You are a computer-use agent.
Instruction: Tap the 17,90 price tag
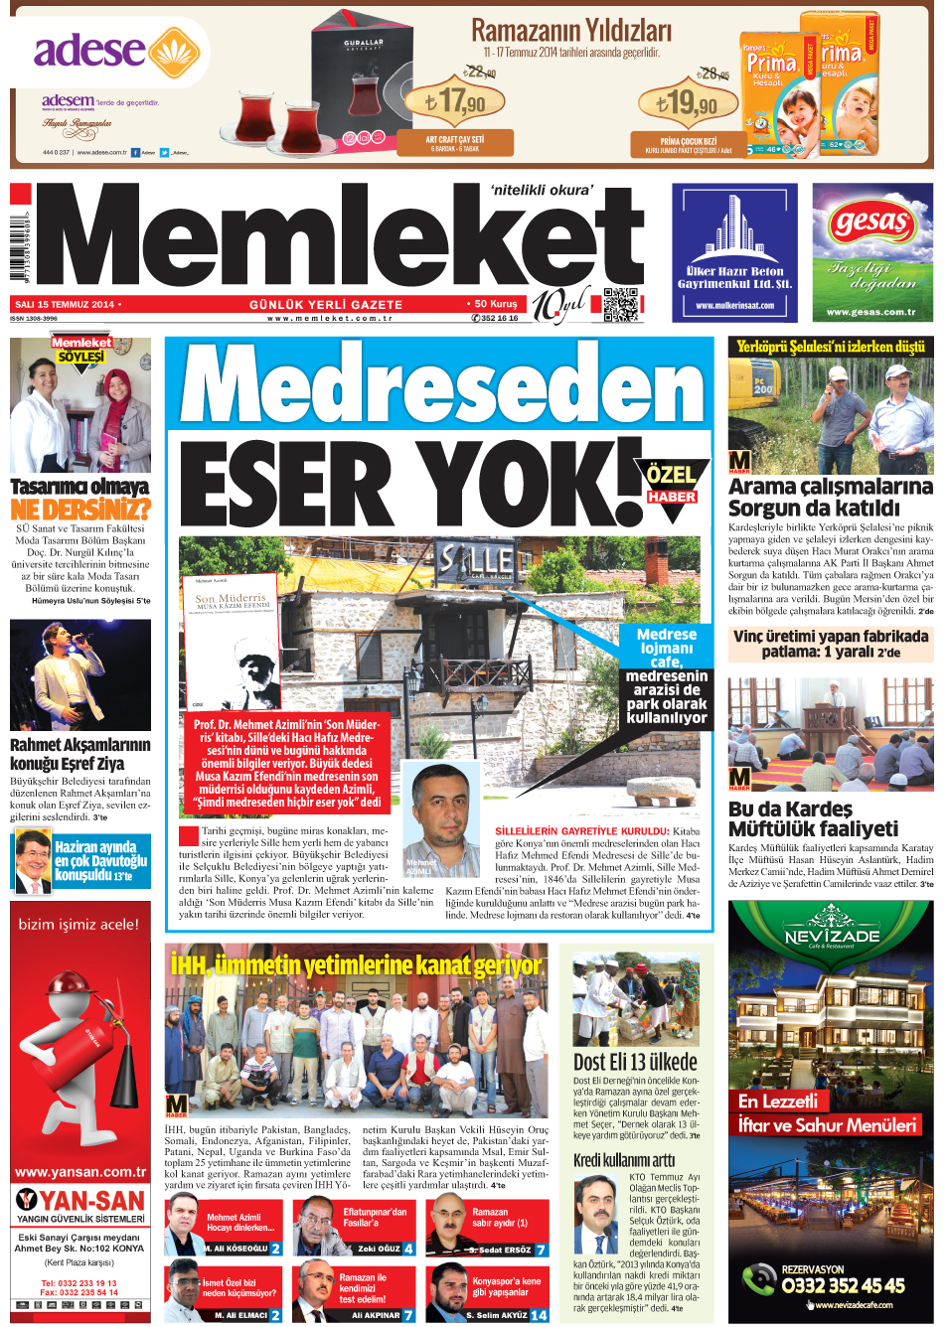[x=455, y=102]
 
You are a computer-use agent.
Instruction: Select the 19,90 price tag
[x=687, y=102]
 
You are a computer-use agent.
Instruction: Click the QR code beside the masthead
[x=621, y=305]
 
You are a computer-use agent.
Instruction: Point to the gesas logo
[x=871, y=223]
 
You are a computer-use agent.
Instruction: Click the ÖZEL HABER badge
[x=673, y=485]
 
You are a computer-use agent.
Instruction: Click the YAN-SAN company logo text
[x=80, y=1200]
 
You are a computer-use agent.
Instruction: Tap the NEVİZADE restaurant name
[x=832, y=935]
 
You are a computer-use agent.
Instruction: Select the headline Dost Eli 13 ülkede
[x=635, y=1062]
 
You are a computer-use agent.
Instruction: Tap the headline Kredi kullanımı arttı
[x=623, y=1160]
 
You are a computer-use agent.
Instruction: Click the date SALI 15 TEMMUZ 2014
[x=66, y=305]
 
